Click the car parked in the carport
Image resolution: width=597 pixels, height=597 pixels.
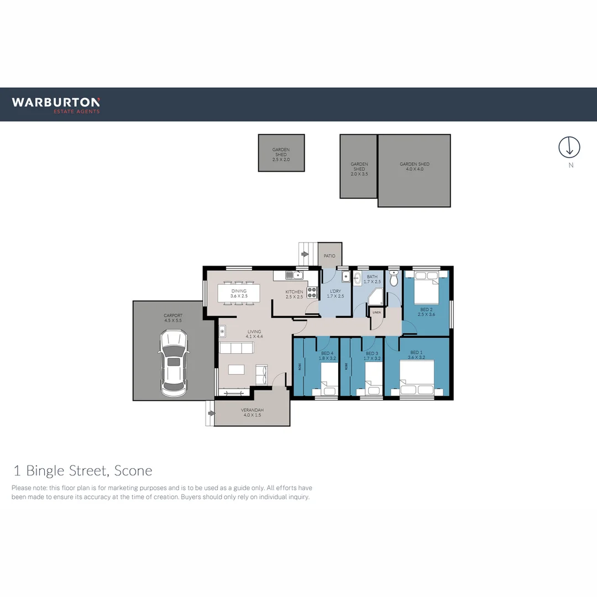pos(174,363)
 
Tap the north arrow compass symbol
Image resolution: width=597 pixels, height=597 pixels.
pos(569,147)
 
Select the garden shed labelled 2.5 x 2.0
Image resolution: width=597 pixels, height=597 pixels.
pos(281,153)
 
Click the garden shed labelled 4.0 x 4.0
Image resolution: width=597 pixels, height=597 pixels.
pos(414,170)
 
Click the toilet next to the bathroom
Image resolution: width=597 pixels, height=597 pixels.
pos(394,280)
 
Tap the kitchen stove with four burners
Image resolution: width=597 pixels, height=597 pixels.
pos(312,292)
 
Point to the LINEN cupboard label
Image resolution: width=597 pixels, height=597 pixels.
pos(376,313)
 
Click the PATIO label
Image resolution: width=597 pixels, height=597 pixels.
pos(329,256)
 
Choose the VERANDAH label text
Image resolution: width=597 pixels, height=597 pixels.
pos(252,410)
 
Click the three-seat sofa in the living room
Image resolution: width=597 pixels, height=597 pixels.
pos(237,348)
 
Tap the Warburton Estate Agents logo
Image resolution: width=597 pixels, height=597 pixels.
pos(56,104)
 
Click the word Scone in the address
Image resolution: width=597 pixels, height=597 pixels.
pos(133,470)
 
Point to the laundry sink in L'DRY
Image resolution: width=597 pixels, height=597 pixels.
pos(344,279)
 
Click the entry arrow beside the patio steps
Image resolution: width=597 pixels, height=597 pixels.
pos(305,255)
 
